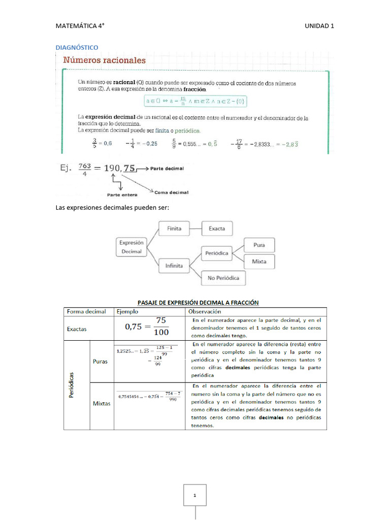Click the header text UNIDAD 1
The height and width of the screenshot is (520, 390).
(x=319, y=26)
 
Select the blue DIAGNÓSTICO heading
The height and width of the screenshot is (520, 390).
(x=77, y=47)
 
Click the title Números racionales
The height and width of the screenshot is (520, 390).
(x=104, y=60)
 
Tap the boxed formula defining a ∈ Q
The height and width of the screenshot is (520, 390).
(x=195, y=102)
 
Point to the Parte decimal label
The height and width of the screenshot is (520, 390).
(x=167, y=168)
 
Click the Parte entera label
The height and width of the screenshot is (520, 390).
(x=122, y=194)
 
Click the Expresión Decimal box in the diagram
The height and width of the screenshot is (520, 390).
(x=132, y=247)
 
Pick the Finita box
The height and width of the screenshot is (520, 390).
(x=174, y=229)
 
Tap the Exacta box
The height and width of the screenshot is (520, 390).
(x=217, y=229)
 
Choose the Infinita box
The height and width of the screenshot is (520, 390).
(x=174, y=265)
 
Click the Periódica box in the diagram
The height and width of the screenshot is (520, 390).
(x=217, y=252)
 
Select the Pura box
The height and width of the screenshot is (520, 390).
(x=259, y=245)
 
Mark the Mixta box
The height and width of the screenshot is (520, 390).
(x=259, y=262)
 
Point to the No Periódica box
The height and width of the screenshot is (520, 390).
(x=223, y=278)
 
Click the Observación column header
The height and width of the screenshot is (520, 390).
(x=205, y=311)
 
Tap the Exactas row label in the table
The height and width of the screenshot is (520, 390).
(x=77, y=329)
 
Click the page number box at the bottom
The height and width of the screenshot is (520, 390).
(x=195, y=495)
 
